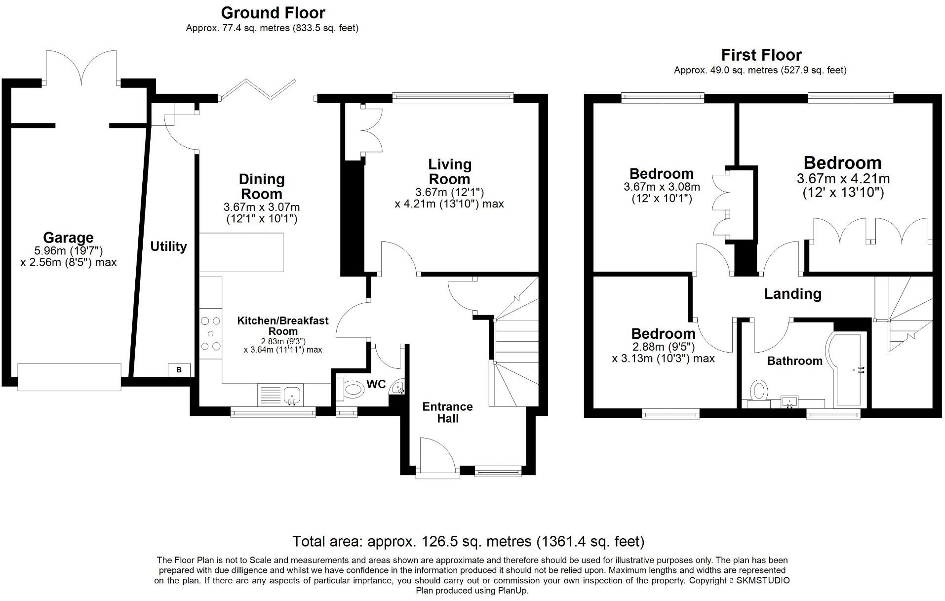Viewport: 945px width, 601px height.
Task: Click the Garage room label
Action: (68, 238)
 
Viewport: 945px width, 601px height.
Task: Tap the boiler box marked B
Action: (179, 370)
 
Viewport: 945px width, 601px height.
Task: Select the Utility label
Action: (168, 246)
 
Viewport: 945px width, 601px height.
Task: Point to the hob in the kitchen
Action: (211, 334)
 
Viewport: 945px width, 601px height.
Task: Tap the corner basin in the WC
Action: (397, 388)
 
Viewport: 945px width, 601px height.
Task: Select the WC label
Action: (376, 384)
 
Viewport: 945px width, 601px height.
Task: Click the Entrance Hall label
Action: (448, 412)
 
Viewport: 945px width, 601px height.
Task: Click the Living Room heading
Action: (449, 171)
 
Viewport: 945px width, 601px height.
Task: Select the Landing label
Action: (792, 294)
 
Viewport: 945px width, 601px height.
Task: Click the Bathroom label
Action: (794, 361)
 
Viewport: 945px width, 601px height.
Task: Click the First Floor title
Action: (761, 55)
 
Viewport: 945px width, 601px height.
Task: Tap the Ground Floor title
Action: (273, 12)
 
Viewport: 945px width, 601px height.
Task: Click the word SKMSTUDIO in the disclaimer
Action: (763, 580)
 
